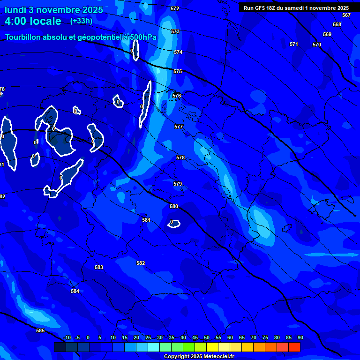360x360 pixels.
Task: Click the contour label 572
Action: coord(175,8)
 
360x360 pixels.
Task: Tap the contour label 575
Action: coord(178,71)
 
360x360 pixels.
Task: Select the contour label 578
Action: coord(180,157)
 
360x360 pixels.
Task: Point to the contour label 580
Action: coord(174,206)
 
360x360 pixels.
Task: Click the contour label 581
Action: coord(146,220)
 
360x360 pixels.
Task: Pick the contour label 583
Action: coord(99,267)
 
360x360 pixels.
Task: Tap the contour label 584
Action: coord(75,291)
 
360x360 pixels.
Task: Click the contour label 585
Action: coord(40,330)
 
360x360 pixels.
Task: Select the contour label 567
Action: coord(346,15)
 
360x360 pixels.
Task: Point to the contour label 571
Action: coord(294,44)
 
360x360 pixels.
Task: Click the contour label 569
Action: coord(327,34)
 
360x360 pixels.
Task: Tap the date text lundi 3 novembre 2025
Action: coord(53,10)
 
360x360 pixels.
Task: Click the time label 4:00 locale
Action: coord(33,21)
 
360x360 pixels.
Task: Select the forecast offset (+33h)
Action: coord(82,21)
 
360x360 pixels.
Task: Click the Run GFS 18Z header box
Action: coord(296,7)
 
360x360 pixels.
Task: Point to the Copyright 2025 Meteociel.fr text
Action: coord(199,356)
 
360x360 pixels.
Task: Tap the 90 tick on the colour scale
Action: coord(300,337)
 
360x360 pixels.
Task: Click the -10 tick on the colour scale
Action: coord(67,337)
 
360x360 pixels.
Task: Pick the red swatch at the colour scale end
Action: coord(294,347)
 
